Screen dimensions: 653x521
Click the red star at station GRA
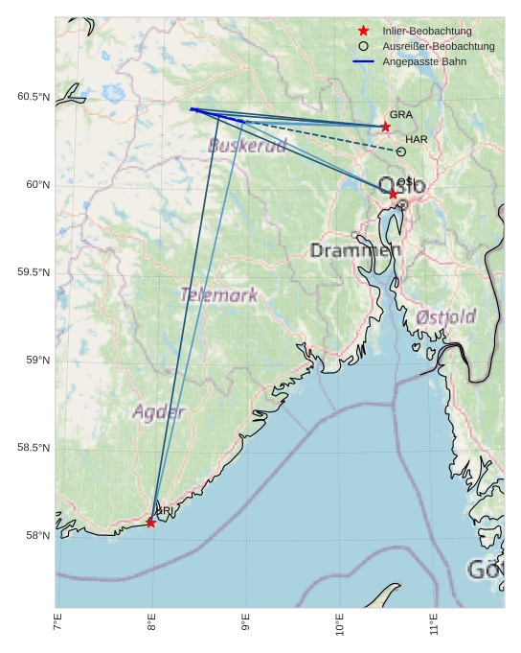(386, 127)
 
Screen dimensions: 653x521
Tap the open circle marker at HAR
(401, 152)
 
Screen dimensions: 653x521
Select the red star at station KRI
(150, 523)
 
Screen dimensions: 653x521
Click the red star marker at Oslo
(394, 194)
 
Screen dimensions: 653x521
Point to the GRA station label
(400, 114)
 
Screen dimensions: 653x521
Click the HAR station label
(416, 139)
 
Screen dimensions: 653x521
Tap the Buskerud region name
(247, 146)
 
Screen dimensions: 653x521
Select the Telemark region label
(218, 295)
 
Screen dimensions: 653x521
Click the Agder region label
(158, 412)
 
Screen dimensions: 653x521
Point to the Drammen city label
(355, 250)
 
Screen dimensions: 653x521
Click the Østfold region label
(446, 316)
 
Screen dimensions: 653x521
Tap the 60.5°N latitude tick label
(34, 97)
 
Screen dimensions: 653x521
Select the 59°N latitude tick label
(37, 360)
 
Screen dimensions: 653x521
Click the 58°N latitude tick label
(37, 535)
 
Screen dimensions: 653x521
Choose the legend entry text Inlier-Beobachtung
(426, 31)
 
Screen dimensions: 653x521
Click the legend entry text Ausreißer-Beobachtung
(438, 46)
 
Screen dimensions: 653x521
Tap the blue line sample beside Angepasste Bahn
(363, 61)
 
